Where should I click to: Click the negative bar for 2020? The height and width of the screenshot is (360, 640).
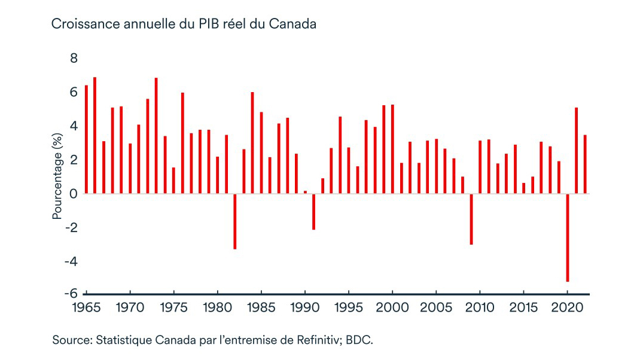(567, 237)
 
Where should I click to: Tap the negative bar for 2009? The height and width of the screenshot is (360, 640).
(471, 219)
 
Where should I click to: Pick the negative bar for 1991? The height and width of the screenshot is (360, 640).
(313, 212)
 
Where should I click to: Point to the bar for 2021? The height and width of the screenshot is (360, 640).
(576, 151)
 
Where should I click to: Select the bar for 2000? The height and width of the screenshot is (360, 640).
(392, 149)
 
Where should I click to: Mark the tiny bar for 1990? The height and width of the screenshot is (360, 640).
(305, 192)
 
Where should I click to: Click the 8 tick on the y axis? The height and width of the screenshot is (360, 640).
(74, 58)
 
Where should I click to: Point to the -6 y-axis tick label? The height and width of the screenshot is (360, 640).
(71, 294)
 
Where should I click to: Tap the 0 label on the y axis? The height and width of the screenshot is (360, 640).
(74, 194)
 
